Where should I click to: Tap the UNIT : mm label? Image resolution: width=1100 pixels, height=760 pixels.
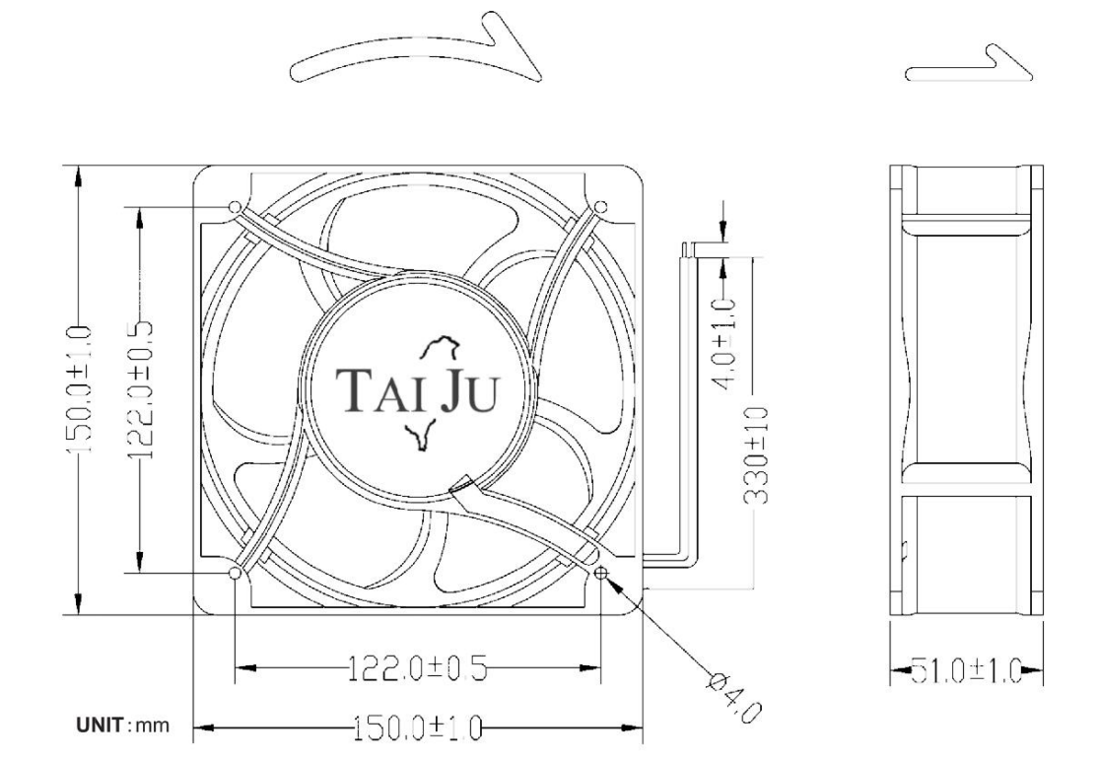pyautogui.click(x=123, y=725)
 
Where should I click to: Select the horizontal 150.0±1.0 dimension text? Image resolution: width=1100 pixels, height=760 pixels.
pyautogui.click(x=417, y=728)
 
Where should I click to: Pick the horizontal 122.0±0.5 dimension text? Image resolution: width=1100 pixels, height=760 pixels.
pyautogui.click(x=418, y=668)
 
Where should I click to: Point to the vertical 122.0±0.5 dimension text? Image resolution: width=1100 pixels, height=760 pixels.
pyautogui.click(x=140, y=388)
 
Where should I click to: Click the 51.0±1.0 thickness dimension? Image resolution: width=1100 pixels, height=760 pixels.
pyautogui.click(x=966, y=671)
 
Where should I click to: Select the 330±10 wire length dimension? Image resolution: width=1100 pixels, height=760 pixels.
pyautogui.click(x=755, y=455)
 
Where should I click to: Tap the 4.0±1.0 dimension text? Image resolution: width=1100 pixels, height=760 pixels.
pyautogui.click(x=724, y=342)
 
